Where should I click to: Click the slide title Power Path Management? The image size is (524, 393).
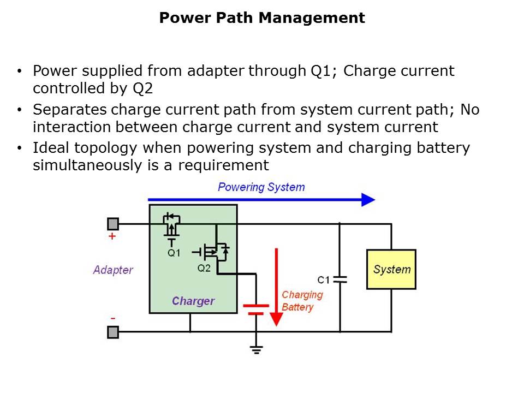tap(262, 18)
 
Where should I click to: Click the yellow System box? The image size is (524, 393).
tap(391, 269)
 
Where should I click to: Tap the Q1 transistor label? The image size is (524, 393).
tap(174, 253)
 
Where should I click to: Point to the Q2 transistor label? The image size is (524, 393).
tap(204, 268)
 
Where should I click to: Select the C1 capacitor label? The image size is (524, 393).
tap(323, 280)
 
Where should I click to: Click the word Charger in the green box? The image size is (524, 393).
tap(193, 301)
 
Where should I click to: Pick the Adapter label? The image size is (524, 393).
tap(113, 270)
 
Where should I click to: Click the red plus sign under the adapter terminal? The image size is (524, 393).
tap(112, 237)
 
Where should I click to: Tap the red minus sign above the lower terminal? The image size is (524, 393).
tap(112, 318)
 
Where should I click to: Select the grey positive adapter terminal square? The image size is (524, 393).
tap(113, 224)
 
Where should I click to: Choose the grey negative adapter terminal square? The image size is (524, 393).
tap(113, 332)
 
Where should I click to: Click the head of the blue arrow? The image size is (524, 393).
tap(369, 200)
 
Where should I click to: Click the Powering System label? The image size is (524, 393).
tap(261, 187)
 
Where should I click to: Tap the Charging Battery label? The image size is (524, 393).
tap(302, 301)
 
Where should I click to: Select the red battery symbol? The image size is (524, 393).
tap(255, 309)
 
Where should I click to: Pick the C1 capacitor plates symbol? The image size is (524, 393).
tap(340, 279)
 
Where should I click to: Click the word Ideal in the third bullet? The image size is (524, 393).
tap(51, 148)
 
